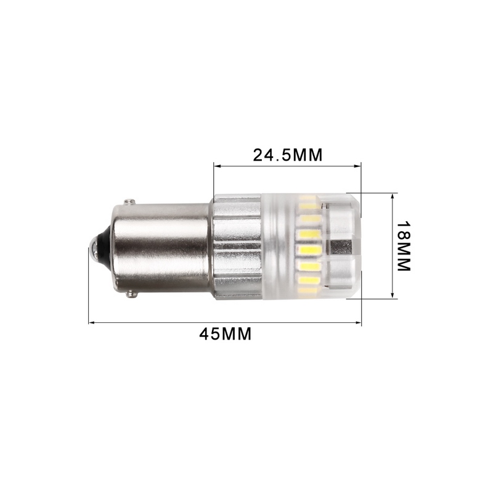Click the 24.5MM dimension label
(x=287, y=155)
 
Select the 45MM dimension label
(x=225, y=334)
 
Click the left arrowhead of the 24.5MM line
(x=216, y=165)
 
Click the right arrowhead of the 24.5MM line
(x=359, y=165)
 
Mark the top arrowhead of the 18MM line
(x=392, y=195)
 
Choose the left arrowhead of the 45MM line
(x=91, y=322)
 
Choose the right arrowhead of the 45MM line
(x=359, y=322)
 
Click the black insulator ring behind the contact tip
(x=104, y=246)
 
